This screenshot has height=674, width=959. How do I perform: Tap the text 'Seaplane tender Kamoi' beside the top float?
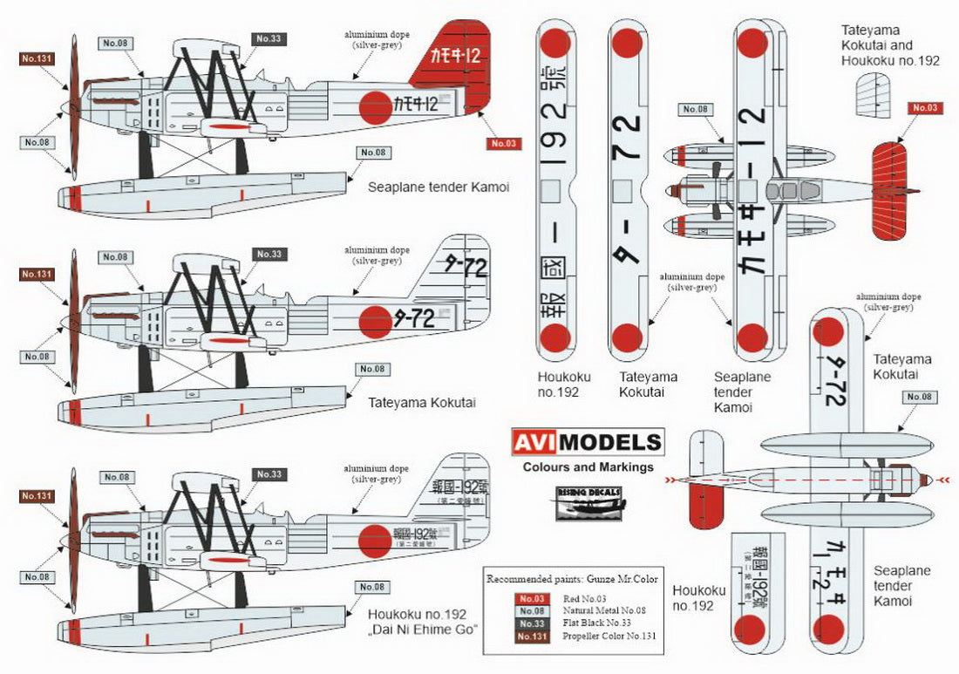(438, 187)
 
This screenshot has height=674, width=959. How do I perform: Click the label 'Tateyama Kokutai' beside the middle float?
(417, 404)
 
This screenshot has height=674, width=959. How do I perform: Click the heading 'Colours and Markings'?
(588, 467)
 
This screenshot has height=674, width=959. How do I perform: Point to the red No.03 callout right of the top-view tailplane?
(926, 108)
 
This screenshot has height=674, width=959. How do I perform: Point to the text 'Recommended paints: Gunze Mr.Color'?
(572, 579)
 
